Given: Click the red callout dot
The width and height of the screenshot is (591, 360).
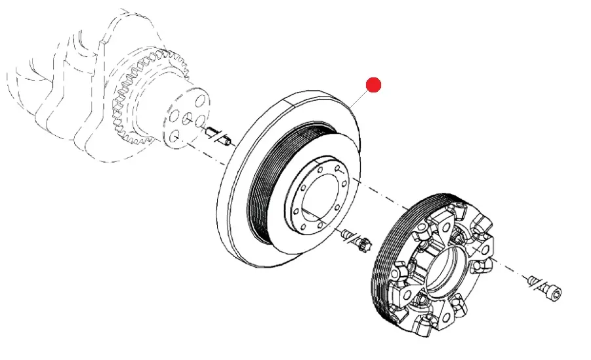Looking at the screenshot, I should click(x=373, y=85).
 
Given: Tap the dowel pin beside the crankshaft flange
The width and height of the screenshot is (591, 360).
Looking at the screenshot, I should click(x=216, y=136).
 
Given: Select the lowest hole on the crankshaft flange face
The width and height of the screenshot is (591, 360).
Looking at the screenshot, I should click(x=174, y=136).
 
